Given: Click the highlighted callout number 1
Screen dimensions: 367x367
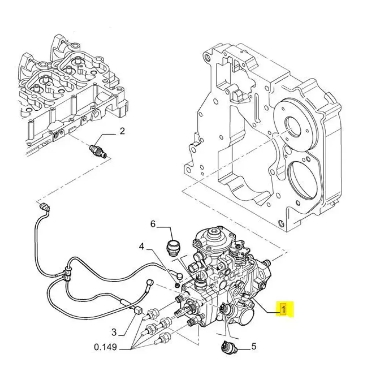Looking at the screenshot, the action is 283,309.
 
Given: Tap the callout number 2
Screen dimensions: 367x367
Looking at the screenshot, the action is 122,131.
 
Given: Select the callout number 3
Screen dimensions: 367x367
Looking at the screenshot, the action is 114,332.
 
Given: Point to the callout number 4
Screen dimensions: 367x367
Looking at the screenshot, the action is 142,247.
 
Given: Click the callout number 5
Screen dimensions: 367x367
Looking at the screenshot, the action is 254,346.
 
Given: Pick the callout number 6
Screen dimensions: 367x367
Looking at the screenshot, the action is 153,224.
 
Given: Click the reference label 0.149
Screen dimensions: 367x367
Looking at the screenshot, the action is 105,347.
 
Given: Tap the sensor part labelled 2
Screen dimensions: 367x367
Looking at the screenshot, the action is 98,151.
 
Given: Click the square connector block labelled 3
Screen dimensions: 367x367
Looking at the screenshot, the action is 138,310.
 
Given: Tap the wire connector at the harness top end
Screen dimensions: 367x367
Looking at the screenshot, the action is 45,207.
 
